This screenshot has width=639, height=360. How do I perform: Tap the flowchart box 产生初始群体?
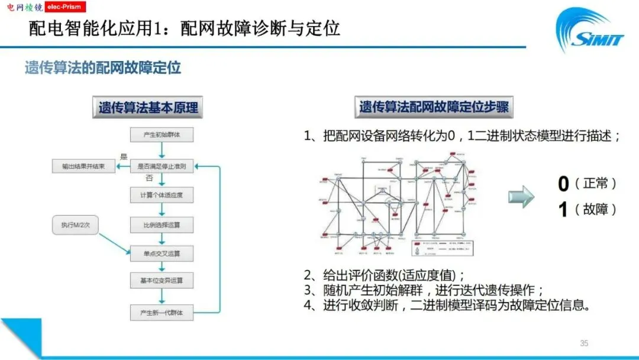tap(162, 136)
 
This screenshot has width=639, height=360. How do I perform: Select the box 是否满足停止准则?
tap(162, 166)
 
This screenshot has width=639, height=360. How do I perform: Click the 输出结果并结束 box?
tap(83, 166)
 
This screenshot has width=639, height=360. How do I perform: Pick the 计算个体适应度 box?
tap(162, 195)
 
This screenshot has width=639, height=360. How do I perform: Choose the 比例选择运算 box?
tap(162, 225)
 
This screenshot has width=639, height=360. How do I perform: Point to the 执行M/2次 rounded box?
tap(75, 225)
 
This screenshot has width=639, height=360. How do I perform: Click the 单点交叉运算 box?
tap(162, 254)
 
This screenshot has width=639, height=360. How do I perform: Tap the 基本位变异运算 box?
tap(162, 280)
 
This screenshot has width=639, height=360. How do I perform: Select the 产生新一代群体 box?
tap(162, 312)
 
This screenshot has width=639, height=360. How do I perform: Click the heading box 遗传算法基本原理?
tap(148, 108)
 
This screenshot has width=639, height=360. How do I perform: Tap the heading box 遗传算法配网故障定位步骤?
tap(434, 107)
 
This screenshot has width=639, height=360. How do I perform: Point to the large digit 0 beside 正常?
tap(563, 184)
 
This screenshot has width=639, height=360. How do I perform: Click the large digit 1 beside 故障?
tap(563, 210)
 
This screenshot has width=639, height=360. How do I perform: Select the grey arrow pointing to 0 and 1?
tap(520, 197)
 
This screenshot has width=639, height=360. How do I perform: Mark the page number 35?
tap(584, 343)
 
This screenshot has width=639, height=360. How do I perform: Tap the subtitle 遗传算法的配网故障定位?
tap(102, 67)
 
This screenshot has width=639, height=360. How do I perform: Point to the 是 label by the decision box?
tap(124, 157)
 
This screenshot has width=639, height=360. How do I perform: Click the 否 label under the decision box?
tap(149, 177)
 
